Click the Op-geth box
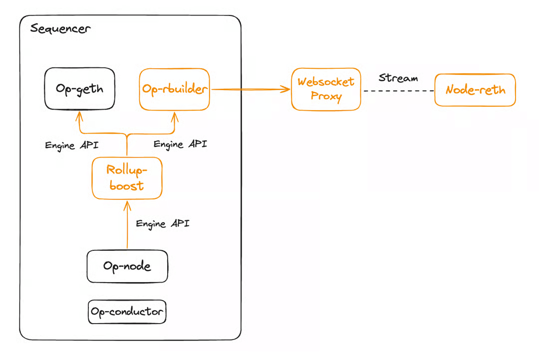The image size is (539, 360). tap(80, 89)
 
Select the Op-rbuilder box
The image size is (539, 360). tap(174, 89)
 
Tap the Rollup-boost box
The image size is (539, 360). tap(127, 178)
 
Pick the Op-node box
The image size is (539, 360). tap(127, 266)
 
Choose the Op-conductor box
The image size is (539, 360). tap(127, 312)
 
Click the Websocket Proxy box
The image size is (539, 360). tap(326, 89)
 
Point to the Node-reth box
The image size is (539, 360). tap(475, 90)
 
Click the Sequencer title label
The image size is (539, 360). tap(60, 28)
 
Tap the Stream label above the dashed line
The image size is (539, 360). tap(398, 78)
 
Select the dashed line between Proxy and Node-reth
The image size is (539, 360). tap(398, 91)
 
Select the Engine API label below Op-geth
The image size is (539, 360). tap(71, 146)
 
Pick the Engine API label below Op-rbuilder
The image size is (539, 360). tap(180, 144)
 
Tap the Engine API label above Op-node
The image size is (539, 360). tap(163, 223)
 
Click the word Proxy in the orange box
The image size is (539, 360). tap(326, 96)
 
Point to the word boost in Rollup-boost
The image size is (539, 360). tap(127, 185)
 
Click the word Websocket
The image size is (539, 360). tap(326, 82)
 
